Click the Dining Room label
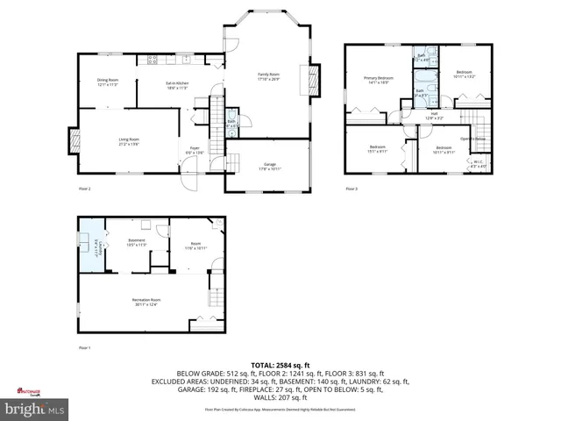[108, 82]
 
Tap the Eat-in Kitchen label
[178, 86]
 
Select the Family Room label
[267, 76]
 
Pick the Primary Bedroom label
[379, 81]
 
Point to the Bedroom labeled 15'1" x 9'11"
[377, 148]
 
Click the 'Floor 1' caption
[85, 348]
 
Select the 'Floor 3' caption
[351, 189]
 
